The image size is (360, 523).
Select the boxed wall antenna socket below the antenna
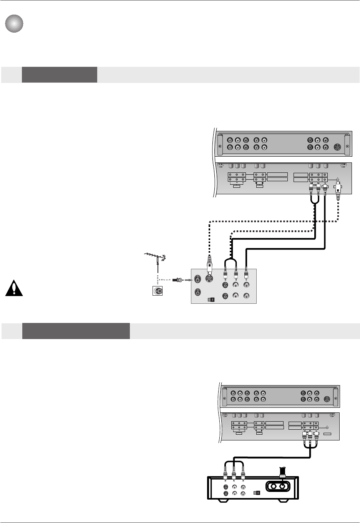coord(157,291)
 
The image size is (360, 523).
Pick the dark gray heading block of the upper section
coord(59,74)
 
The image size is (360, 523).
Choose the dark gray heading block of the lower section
coord(76,331)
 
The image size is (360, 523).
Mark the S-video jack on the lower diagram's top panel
coord(327,399)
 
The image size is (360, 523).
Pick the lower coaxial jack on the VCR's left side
coord(197,292)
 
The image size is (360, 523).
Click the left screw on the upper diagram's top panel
coord(220,147)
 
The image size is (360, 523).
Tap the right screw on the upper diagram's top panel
coord(348,147)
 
